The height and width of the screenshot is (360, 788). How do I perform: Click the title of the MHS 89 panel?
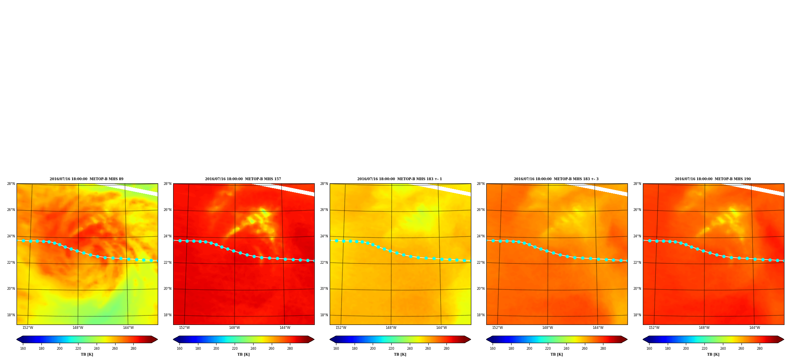coord(86,179)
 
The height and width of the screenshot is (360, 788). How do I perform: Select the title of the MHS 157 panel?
coord(243,179)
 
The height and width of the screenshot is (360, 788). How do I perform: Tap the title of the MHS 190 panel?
coord(713,179)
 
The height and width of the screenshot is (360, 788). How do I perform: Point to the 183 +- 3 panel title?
coord(556,179)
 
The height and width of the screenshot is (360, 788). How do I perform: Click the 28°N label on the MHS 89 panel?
coord(11,184)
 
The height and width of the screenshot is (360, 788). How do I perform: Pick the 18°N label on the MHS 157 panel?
coord(167,315)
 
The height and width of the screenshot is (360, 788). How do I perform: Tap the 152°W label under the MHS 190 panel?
coord(654,328)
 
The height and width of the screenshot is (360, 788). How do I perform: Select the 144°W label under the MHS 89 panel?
coord(128,328)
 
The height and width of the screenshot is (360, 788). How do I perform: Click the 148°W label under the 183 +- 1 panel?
coord(391,328)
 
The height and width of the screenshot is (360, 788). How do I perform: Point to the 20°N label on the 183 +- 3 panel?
coord(480,289)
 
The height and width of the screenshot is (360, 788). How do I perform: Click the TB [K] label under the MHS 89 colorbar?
coord(87,354)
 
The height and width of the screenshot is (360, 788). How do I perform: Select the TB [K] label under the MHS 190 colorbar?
coord(713,354)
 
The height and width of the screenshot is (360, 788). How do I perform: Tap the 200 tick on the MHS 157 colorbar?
coord(216,349)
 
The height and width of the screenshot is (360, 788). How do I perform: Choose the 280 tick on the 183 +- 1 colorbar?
coord(446,349)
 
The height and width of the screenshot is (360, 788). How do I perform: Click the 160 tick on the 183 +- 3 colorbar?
coord(493,349)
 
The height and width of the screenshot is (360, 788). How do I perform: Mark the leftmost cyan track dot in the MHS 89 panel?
coord(23,241)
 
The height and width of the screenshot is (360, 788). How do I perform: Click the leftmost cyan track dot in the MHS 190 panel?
coord(650,241)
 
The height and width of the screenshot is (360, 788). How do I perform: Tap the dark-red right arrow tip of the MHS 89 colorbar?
coord(157,339)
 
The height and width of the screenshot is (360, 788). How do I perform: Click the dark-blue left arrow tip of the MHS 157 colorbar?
coord(174,339)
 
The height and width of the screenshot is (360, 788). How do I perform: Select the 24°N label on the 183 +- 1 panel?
coord(324,236)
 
